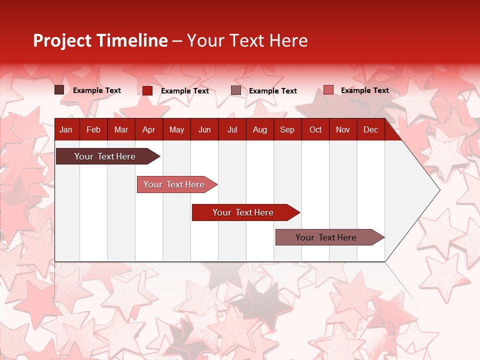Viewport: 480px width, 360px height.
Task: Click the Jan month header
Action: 66,130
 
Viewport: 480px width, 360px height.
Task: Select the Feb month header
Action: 93,130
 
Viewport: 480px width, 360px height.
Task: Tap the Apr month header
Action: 148,130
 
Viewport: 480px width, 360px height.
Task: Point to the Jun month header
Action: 204,130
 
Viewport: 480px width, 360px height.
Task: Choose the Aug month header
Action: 260,130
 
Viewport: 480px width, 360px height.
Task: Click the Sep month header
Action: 287,130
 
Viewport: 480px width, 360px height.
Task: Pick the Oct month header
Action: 315,130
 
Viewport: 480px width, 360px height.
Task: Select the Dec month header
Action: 370,130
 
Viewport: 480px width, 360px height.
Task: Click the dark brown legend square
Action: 59,90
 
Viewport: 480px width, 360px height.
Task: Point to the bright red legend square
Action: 147,90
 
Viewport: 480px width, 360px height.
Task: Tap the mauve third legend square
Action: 236,90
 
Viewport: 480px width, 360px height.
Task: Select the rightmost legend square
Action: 328,90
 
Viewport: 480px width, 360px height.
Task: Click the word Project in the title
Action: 62,40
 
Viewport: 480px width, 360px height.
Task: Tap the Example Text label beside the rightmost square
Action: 364,90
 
